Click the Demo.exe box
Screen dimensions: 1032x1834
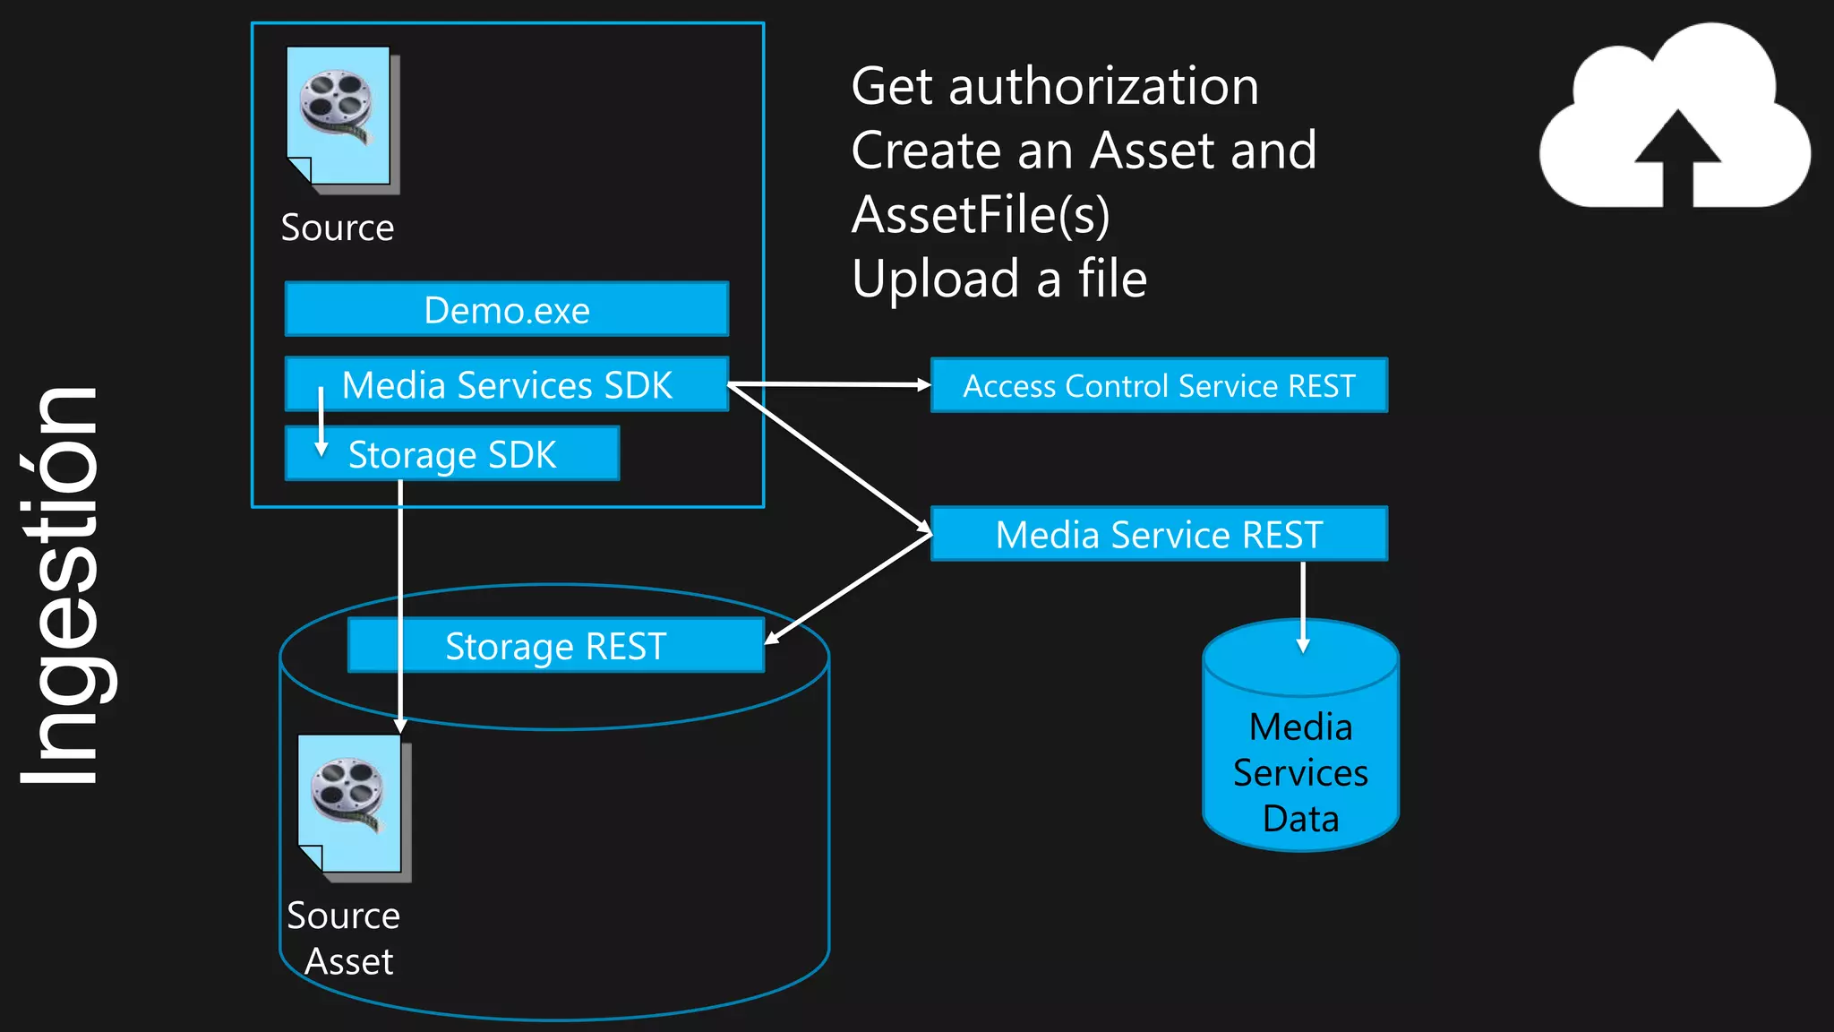507,310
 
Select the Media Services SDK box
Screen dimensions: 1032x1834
507,385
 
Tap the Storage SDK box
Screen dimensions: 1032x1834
452,454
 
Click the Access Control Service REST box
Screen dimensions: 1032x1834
1159,385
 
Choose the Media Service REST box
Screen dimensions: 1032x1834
1159,535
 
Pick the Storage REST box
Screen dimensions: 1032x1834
555,646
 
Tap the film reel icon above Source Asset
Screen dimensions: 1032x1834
352,804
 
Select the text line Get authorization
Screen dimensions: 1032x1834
1055,87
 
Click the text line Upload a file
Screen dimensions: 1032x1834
999,279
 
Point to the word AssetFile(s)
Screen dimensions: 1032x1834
981,215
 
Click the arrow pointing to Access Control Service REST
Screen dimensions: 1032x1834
828,384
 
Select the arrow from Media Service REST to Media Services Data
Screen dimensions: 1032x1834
1303,605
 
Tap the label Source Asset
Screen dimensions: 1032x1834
344,938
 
